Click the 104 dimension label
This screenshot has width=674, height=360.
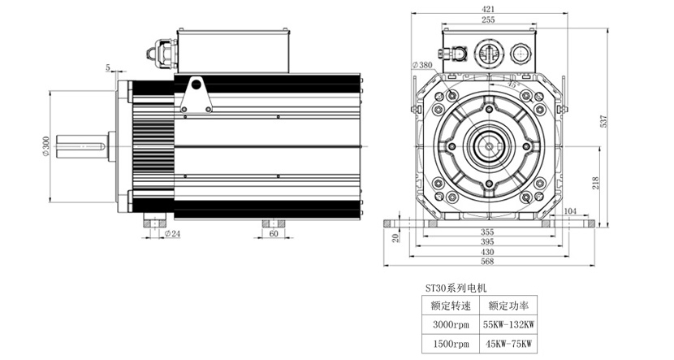pos(570,210)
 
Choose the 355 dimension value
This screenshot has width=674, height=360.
pos(487,231)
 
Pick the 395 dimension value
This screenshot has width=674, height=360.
pos(487,242)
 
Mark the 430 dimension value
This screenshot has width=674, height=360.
pos(487,253)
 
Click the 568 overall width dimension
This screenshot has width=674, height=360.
pos(487,263)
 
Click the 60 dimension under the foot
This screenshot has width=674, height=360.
pos(273,233)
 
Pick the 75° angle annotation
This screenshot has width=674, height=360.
pos(512,84)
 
